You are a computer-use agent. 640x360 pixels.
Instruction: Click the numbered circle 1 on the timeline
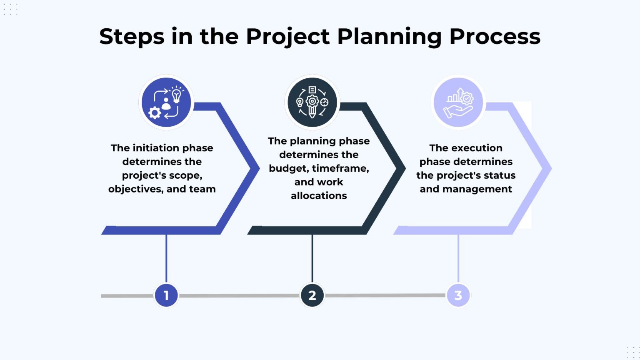tap(166, 295)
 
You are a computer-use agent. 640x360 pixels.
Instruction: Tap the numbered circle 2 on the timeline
tap(312, 295)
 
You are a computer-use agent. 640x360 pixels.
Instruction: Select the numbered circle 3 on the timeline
tap(458, 295)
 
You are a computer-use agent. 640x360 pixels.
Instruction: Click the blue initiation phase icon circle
tap(166, 102)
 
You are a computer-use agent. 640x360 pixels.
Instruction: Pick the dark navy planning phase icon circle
tap(312, 102)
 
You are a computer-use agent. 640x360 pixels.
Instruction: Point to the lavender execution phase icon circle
tap(458, 102)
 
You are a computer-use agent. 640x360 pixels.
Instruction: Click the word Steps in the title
tap(132, 37)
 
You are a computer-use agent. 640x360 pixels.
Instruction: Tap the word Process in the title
tap(495, 37)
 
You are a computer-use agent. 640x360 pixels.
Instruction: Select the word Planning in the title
tap(389, 37)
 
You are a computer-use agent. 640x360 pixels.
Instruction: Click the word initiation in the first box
tap(155, 148)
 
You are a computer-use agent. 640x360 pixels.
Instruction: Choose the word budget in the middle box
tap(288, 168)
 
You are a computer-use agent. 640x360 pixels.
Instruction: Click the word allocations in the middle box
tap(319, 195)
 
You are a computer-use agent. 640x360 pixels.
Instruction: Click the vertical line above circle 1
tap(166, 258)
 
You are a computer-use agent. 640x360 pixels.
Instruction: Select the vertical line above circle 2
tap(312, 258)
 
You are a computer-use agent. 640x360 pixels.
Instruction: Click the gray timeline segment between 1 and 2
tap(239, 295)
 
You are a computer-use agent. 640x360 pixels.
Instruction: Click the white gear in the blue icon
tap(155, 112)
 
